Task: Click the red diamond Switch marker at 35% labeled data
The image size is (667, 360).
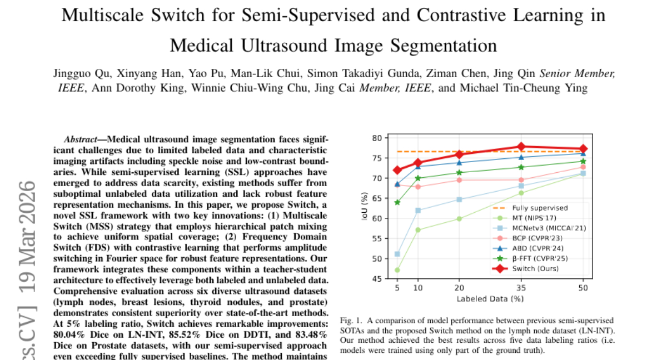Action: [521, 147]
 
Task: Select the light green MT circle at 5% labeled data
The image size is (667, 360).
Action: [397, 270]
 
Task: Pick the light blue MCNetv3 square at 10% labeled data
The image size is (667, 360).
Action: [418, 211]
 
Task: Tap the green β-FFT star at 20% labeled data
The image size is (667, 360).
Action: [459, 172]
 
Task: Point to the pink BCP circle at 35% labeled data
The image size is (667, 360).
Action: [521, 179]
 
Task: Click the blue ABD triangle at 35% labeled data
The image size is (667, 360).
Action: [521, 157]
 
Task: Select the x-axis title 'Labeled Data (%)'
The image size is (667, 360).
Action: [490, 299]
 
